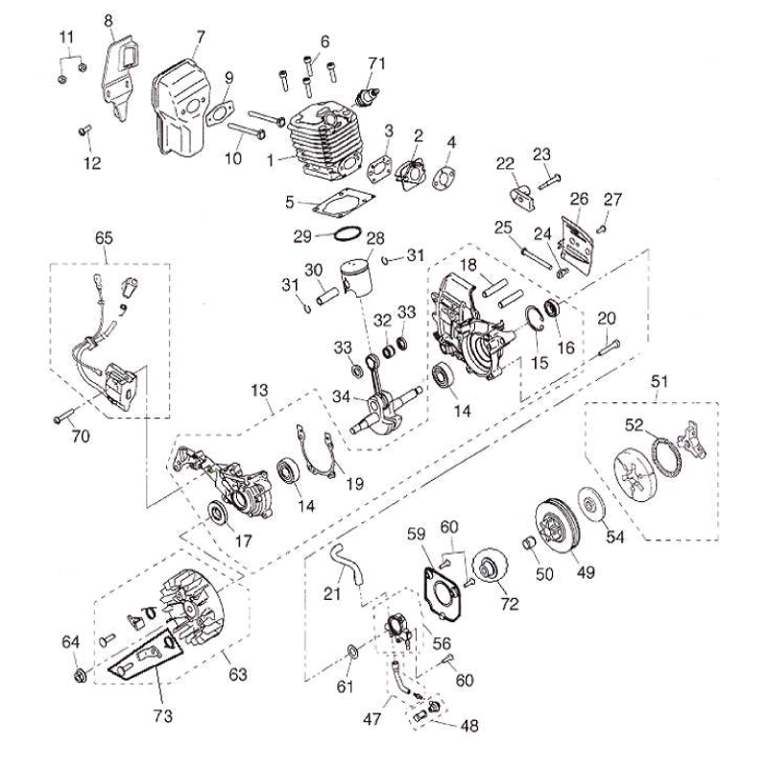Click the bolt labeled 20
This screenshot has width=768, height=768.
point(607,346)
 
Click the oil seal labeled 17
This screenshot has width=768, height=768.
point(220,515)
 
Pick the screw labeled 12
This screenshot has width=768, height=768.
point(84,131)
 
